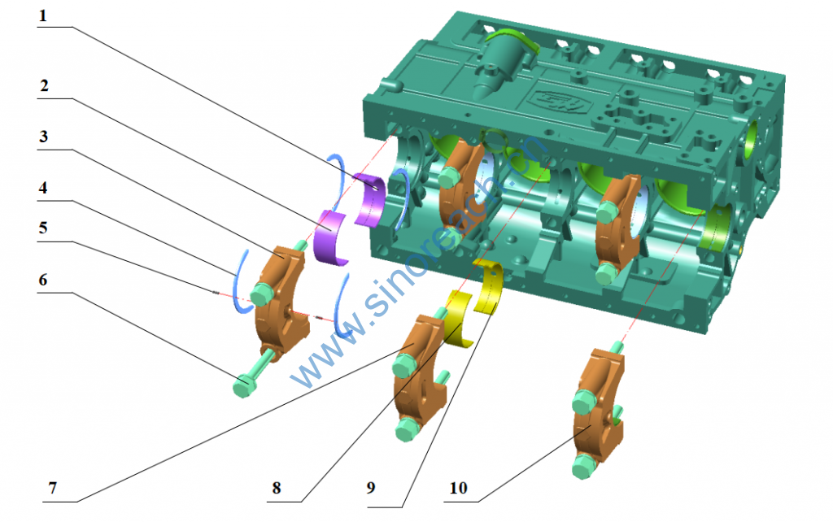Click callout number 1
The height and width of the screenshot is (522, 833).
42,16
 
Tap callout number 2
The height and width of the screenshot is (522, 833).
44,85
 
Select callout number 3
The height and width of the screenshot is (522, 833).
44,137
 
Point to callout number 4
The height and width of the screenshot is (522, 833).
43,188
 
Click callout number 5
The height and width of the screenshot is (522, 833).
43,228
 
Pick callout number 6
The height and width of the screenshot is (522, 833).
43,280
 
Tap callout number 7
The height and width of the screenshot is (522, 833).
52,488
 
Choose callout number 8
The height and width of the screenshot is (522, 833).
277,488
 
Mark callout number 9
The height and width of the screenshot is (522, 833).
371,488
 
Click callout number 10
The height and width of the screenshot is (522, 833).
459,488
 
